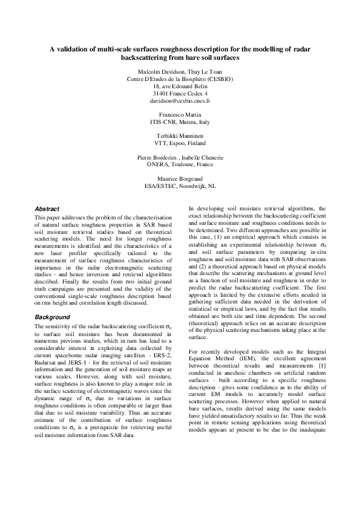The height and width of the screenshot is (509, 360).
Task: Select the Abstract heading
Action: (47, 209)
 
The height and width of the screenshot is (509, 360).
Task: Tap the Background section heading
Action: (52, 317)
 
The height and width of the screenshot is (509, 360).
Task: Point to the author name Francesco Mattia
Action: (180, 114)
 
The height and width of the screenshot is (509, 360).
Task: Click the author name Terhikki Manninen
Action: (180, 136)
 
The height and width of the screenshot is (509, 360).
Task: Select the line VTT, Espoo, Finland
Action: (180, 144)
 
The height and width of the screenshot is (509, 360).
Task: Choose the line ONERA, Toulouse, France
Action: (180, 164)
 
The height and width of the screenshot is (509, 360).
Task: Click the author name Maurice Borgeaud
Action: (180, 178)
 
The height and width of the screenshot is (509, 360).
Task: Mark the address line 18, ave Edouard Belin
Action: (180, 86)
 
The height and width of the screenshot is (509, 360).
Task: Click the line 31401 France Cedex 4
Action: (180, 94)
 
